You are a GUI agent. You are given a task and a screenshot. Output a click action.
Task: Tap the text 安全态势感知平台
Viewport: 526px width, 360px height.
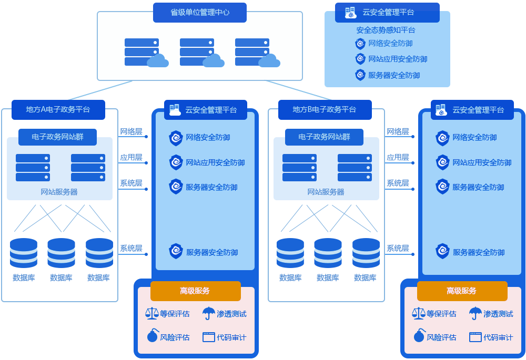point(386,30)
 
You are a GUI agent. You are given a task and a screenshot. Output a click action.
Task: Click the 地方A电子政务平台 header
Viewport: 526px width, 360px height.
point(58,109)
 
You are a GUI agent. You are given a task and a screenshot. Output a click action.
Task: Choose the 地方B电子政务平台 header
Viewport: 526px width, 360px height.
point(325,109)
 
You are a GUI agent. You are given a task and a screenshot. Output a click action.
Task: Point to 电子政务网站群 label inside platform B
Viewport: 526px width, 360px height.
point(324,137)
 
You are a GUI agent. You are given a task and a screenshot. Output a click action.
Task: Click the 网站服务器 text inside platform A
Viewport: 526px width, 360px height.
point(59,192)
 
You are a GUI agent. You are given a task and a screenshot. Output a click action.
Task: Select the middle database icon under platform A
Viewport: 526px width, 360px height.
point(61,253)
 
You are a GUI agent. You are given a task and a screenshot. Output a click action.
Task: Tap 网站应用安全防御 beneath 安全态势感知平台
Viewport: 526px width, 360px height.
point(397,59)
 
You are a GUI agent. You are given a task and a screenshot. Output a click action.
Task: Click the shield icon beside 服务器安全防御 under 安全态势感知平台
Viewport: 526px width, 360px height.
point(360,75)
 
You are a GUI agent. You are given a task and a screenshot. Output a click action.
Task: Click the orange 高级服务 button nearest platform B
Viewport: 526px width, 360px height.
point(462,291)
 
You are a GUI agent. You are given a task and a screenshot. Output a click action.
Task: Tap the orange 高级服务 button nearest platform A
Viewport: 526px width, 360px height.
point(195,291)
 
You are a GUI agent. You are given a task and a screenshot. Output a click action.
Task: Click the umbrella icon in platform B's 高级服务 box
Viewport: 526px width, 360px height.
point(475,313)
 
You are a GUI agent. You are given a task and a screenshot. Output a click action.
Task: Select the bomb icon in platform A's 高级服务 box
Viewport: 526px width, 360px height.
point(152,336)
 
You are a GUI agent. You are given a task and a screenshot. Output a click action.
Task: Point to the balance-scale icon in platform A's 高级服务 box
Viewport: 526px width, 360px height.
point(152,313)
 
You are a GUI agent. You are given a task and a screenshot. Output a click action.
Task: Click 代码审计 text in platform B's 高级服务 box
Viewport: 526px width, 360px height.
point(498,337)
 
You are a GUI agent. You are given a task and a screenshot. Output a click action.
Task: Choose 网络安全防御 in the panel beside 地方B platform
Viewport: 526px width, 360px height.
point(474,137)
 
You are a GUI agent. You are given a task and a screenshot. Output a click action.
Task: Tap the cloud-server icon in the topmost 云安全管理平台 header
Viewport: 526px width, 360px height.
point(350,12)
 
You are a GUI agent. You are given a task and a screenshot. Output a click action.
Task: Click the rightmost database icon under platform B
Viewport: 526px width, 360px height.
point(366,253)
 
